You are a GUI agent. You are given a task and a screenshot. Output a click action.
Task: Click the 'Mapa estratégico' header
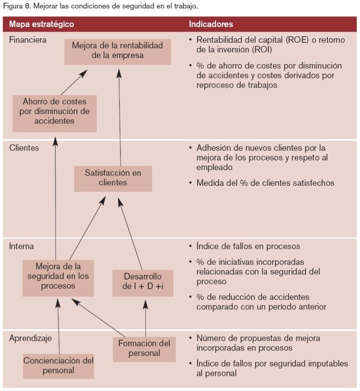[x=41, y=24]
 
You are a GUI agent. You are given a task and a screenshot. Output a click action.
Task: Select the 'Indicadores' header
[x=211, y=24]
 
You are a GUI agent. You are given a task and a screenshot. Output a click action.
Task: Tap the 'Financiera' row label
[x=27, y=40]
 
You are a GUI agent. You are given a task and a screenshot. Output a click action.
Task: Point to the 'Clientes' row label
[x=24, y=148]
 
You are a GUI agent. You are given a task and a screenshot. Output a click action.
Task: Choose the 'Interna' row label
[x=21, y=246]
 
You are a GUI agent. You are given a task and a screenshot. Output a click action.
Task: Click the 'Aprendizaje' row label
[x=31, y=339]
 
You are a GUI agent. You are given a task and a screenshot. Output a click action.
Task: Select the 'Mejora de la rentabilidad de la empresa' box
[x=118, y=52]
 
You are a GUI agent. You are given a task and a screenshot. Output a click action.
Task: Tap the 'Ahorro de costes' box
[x=54, y=114]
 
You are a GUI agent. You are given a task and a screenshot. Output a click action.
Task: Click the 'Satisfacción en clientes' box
[x=113, y=179]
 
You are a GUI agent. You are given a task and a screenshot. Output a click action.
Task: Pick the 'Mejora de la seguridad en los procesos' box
[x=58, y=278]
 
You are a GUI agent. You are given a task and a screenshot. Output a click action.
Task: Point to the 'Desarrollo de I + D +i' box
[x=143, y=283]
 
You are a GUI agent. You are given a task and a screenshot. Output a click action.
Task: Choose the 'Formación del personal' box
[x=144, y=349]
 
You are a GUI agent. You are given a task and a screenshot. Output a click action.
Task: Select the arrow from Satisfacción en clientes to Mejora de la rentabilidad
[x=120, y=118]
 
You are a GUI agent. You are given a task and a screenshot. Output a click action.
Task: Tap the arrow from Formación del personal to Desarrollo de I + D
[x=146, y=318]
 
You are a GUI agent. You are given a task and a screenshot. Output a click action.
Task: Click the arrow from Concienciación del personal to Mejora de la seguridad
[x=59, y=327]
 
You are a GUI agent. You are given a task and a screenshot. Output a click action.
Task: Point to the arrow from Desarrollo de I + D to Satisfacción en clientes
[x=130, y=234]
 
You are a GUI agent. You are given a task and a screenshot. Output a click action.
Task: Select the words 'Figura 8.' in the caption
[x=17, y=6]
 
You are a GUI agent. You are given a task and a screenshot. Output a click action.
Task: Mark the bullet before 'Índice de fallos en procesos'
[x=190, y=246]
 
